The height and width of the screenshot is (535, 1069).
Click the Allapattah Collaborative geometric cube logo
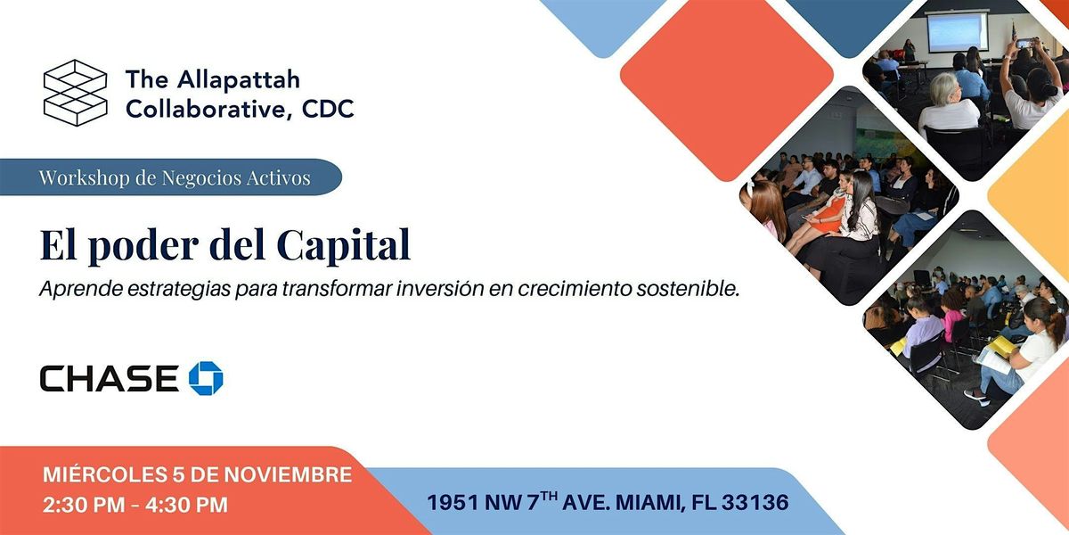[x=75, y=91]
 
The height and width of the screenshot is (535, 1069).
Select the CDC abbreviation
[x=327, y=109]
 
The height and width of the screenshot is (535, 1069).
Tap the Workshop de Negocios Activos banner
[x=174, y=177]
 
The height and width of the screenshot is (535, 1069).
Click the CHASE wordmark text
[x=109, y=378]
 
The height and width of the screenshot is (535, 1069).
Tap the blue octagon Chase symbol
[x=206, y=378]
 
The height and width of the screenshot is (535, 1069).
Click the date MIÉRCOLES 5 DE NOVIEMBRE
[x=198, y=475]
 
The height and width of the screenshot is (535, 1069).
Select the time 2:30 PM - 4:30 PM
[x=135, y=505]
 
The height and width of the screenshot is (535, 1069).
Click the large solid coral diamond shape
[x=726, y=89]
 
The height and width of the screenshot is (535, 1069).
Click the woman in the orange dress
[x=827, y=214]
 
